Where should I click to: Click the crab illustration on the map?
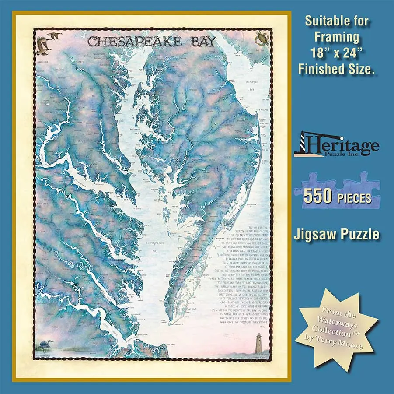pyautogui.click(x=262, y=39)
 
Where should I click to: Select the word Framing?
pyautogui.click(x=337, y=36)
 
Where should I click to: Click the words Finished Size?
pyautogui.click(x=337, y=69)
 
